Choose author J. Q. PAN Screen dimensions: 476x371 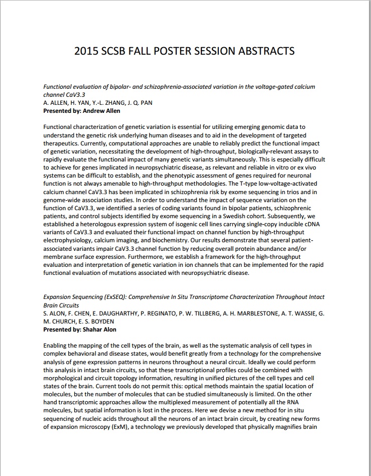(x=140, y=103)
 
